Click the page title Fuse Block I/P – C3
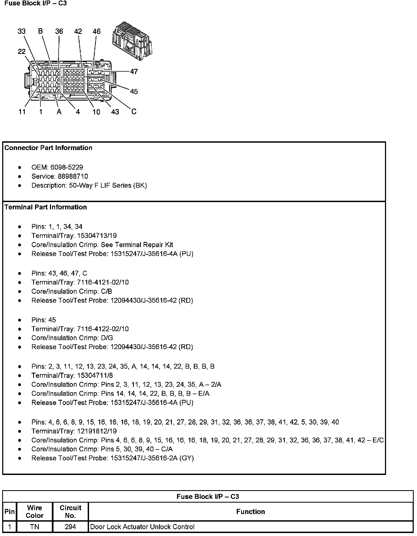point(36,4)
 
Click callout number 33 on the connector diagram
point(22,31)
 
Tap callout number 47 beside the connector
point(134,72)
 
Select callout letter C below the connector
point(134,111)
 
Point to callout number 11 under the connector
point(22,112)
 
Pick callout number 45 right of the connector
point(134,91)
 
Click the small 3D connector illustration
point(132,41)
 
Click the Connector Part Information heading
point(48,148)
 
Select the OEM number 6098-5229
point(67,167)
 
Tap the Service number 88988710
point(73,176)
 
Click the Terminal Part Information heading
point(46,207)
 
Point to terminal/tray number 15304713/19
point(97,235)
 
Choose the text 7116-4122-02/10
point(103,329)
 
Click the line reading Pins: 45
point(43,320)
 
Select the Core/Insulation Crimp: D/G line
point(72,338)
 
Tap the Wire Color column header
point(34,511)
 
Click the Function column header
point(250,512)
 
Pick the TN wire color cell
point(34,527)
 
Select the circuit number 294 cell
point(70,527)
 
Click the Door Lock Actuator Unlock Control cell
point(142,527)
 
